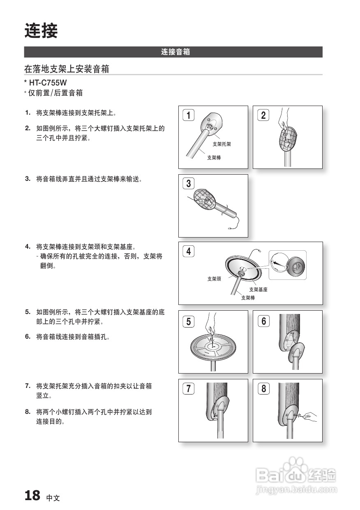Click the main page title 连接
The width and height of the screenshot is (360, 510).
[x=41, y=31]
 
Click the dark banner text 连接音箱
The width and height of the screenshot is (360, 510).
[x=175, y=52]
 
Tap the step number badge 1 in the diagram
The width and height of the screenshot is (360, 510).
[x=188, y=115]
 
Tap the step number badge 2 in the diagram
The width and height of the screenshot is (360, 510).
[x=263, y=115]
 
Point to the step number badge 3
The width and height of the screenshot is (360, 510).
[x=188, y=184]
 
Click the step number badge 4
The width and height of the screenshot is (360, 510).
[x=188, y=251]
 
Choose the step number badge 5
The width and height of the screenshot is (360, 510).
[x=188, y=321]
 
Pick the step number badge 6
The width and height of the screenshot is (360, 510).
[x=263, y=321]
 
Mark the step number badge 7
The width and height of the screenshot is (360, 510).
[x=188, y=388]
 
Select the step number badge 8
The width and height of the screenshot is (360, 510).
[x=263, y=388]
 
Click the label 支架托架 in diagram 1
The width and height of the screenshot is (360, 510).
[x=222, y=144]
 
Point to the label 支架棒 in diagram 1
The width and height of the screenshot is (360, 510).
[x=214, y=157]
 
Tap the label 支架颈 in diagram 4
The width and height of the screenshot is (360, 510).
[x=214, y=279]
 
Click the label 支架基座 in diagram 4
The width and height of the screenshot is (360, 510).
[x=258, y=290]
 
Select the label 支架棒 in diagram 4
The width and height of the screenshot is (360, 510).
[x=248, y=298]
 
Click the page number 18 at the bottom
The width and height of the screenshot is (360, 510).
[x=32, y=495]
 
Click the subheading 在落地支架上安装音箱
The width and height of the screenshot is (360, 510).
[x=67, y=69]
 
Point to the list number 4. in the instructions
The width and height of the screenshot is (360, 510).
[x=28, y=247]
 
